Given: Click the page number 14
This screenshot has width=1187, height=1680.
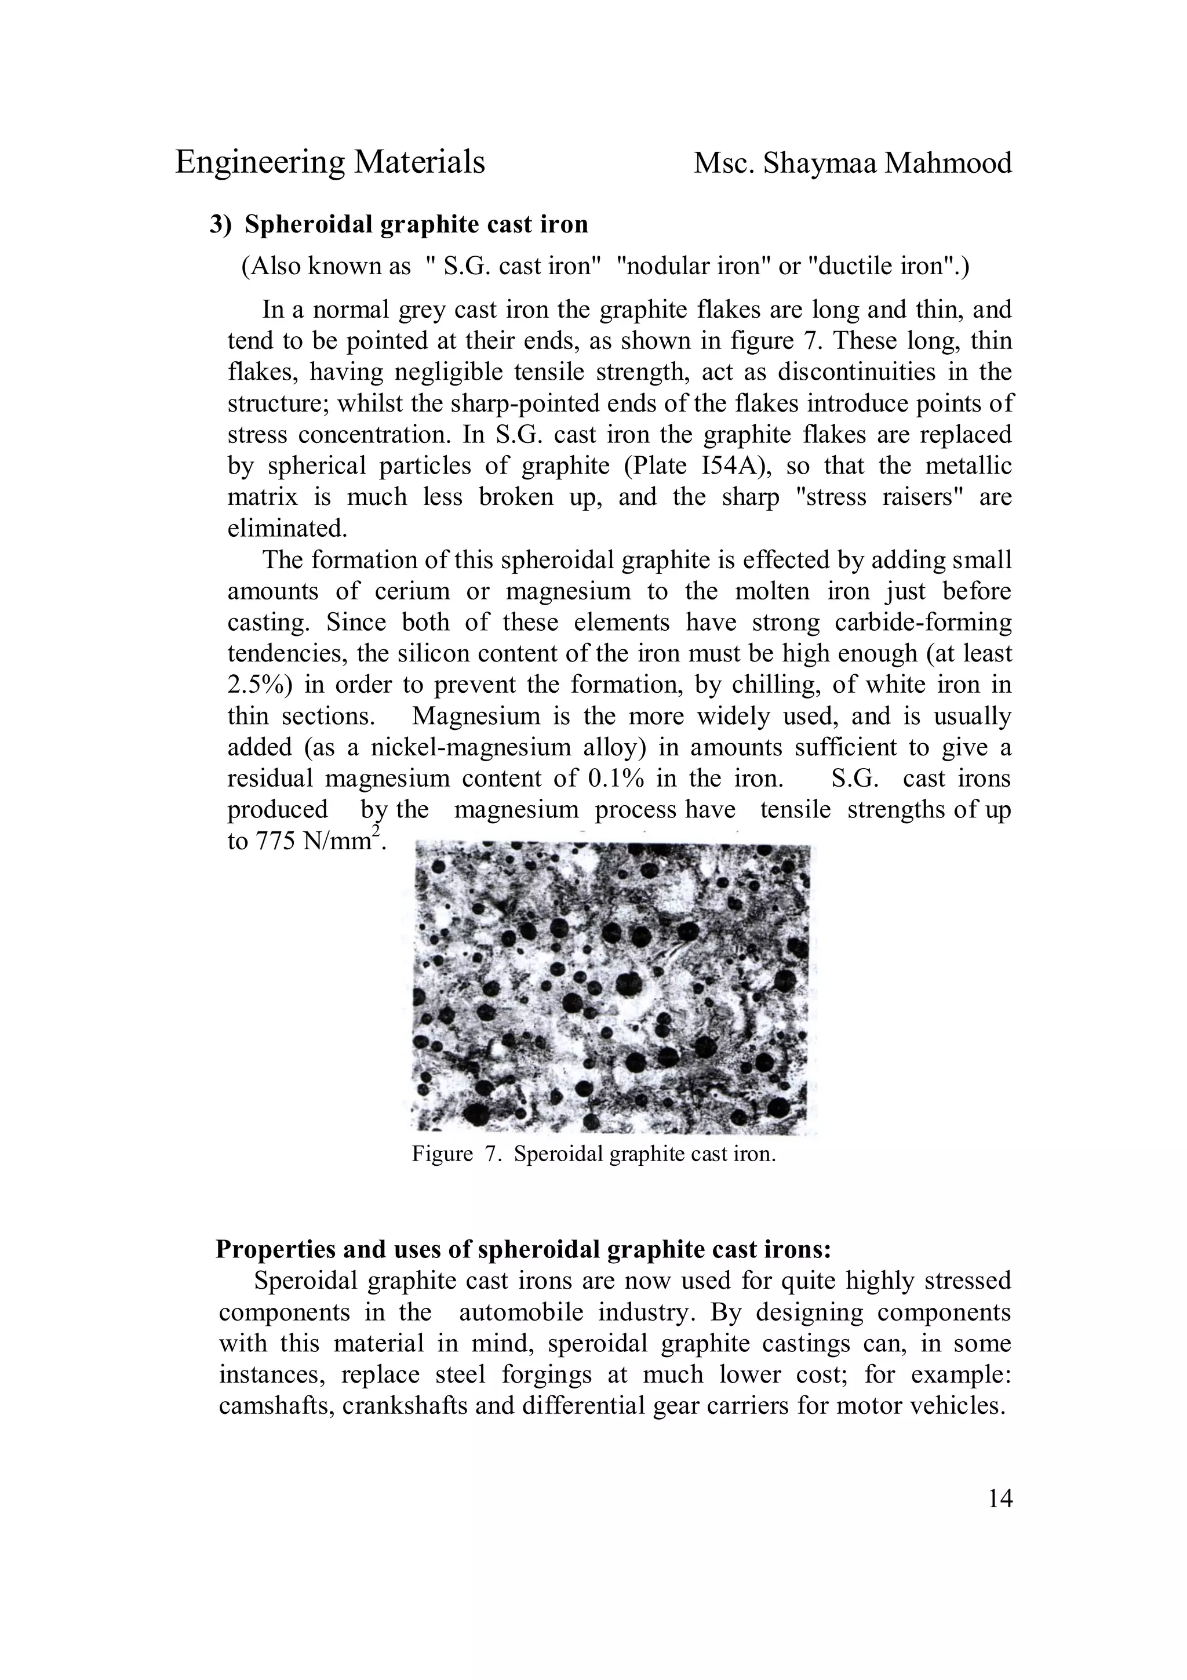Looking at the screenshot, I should pyautogui.click(x=1000, y=1499).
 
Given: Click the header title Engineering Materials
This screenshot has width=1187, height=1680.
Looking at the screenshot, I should pyautogui.click(x=330, y=162).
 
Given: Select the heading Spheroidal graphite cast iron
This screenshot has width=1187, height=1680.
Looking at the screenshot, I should pyautogui.click(x=416, y=224).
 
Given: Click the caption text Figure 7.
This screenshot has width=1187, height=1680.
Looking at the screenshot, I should pyautogui.click(x=453, y=1154).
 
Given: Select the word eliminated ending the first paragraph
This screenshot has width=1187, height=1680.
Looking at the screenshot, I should pyautogui.click(x=287, y=528).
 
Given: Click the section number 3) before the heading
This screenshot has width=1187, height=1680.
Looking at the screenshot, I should pyautogui.click(x=221, y=224).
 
